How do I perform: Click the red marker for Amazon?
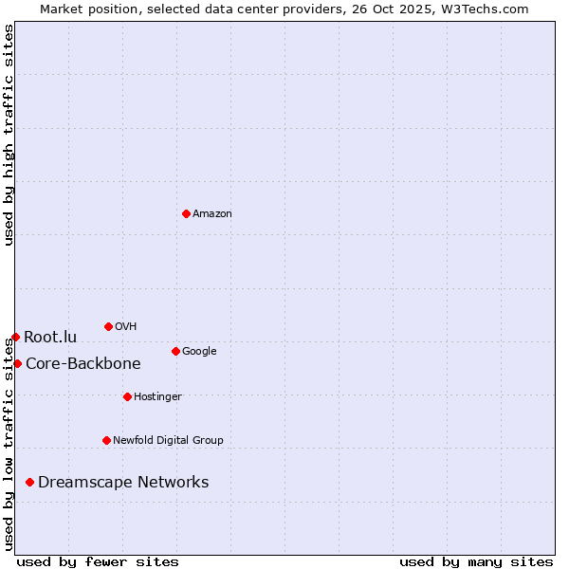[186, 213]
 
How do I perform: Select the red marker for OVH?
[108, 326]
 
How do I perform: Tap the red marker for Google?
[175, 351]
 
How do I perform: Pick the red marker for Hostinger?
[127, 396]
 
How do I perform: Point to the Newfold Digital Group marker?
[106, 440]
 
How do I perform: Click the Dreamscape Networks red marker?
[30, 482]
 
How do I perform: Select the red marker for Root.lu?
[15, 337]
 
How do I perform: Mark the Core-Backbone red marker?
[17, 363]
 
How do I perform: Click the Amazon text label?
[212, 213]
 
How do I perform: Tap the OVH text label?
[126, 326]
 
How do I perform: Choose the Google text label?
[199, 351]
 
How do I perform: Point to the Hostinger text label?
[157, 396]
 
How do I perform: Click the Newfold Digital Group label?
[168, 440]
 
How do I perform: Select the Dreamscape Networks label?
[123, 482]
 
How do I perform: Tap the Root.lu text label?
[50, 337]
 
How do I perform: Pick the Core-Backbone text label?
[83, 363]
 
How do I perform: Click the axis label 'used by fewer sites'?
[98, 561]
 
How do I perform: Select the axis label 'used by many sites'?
[476, 561]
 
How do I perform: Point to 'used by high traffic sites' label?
[9, 135]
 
